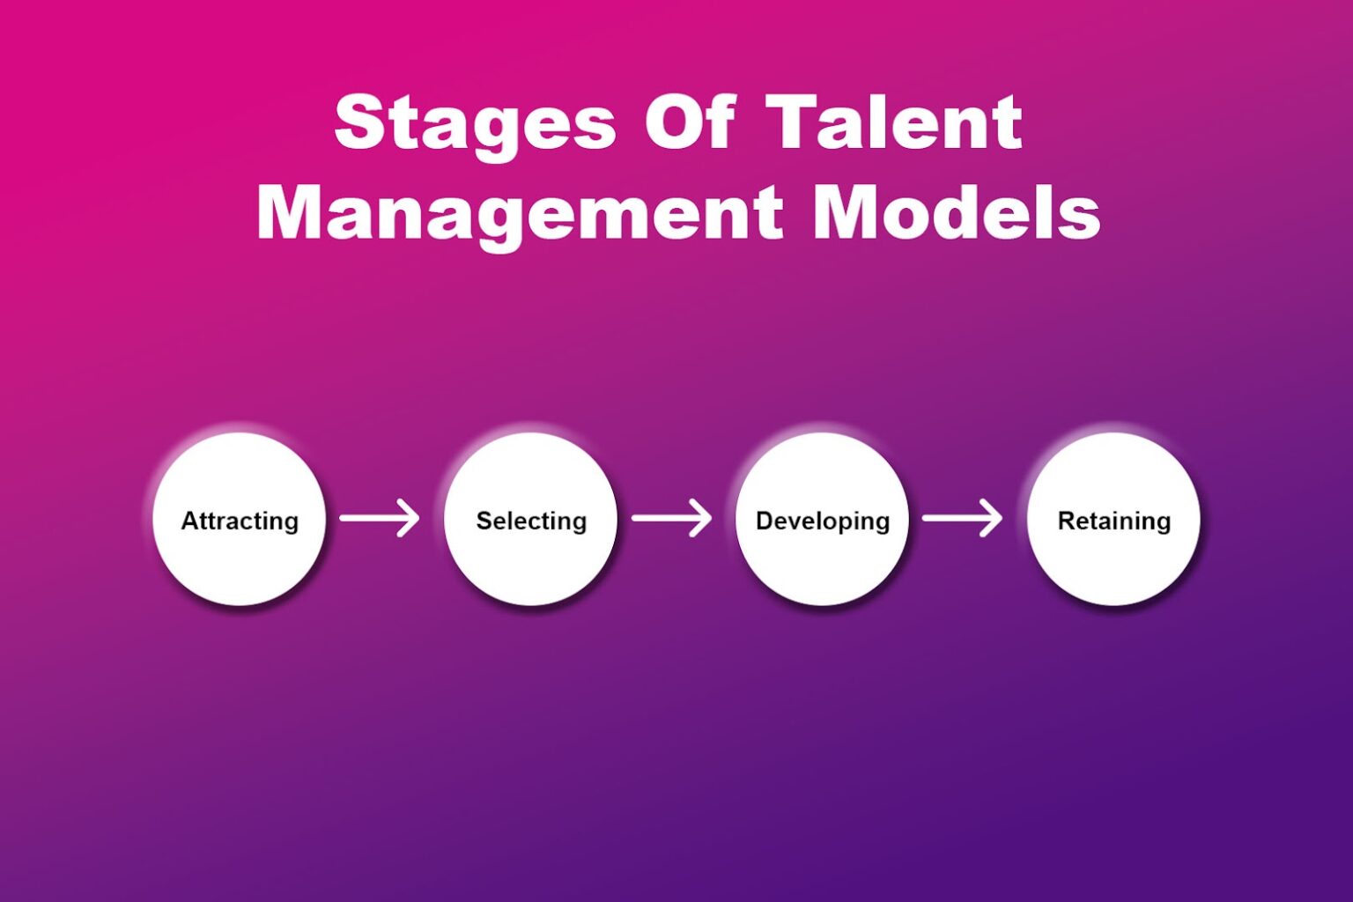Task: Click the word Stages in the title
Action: pyautogui.click(x=475, y=123)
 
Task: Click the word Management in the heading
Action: pyautogui.click(x=520, y=213)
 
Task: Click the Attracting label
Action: pyautogui.click(x=240, y=521)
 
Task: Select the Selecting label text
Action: pyautogui.click(x=531, y=521)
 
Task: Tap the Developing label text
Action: pyautogui.click(x=823, y=521)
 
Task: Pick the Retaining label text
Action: pyautogui.click(x=1114, y=521)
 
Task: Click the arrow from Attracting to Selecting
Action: pyautogui.click(x=379, y=518)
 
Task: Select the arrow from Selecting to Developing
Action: pyautogui.click(x=670, y=518)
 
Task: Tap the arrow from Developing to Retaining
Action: pyautogui.click(x=962, y=518)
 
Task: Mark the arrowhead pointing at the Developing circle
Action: pyautogui.click(x=701, y=518)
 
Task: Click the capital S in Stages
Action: pyautogui.click(x=359, y=122)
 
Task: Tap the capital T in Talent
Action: pyautogui.click(x=793, y=122)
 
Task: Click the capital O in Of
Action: pyautogui.click(x=672, y=122)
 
